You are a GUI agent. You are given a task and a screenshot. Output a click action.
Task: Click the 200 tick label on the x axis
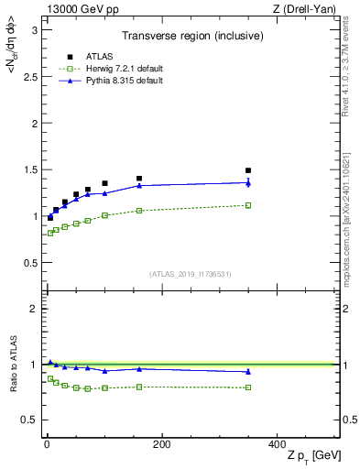pyautogui.click(x=161, y=444)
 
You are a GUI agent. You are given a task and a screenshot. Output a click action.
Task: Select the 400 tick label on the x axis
pyautogui.click(x=277, y=444)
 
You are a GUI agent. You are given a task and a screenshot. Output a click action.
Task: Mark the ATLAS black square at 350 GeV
pyautogui.click(x=248, y=170)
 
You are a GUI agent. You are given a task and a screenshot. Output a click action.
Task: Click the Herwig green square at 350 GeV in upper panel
pyautogui.click(x=248, y=205)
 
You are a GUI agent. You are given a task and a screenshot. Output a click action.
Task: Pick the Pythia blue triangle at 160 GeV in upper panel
pyautogui.click(x=139, y=185)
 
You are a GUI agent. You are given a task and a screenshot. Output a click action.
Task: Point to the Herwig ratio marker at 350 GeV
pyautogui.click(x=248, y=387)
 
